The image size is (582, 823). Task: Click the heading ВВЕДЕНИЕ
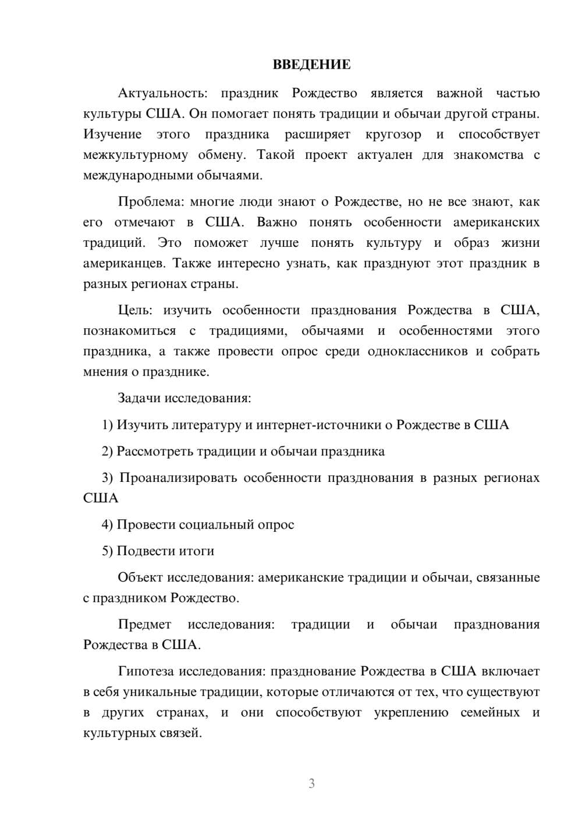tap(311, 65)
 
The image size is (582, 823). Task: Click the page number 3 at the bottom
tap(311, 783)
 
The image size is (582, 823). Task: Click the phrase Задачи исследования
tap(184, 399)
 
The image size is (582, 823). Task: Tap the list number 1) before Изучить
tap(107, 425)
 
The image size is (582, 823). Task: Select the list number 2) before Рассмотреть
tap(107, 452)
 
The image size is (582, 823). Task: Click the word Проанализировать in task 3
tap(178, 478)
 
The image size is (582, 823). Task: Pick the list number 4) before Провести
tap(107, 525)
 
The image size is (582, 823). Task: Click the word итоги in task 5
tap(197, 551)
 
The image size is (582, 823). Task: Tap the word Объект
tap(140, 578)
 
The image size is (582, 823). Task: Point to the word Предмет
tap(144, 625)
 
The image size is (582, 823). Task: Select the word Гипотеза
tap(146, 672)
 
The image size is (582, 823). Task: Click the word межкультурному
tap(136, 155)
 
